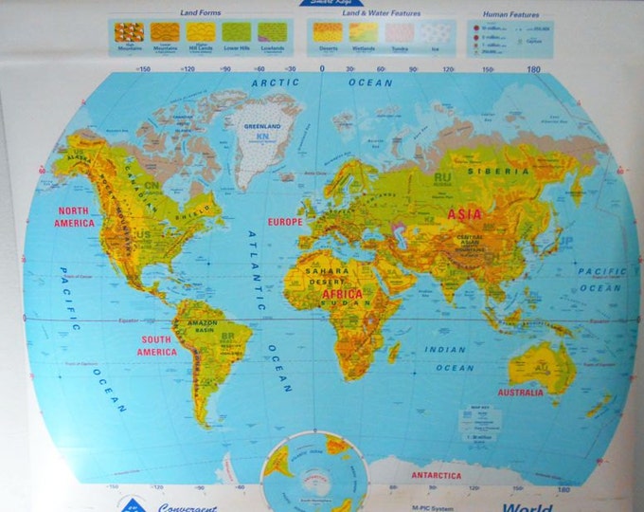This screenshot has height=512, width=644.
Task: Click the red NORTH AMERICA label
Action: click(76, 217)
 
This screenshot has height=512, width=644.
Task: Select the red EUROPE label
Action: click(285, 222)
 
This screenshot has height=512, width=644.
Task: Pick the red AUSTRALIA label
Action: click(520, 392)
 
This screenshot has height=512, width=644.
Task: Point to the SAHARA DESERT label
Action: click(328, 275)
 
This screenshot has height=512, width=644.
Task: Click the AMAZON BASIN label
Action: click(204, 328)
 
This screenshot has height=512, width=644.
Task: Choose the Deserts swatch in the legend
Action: click(327, 32)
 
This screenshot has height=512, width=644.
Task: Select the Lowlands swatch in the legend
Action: click(270, 33)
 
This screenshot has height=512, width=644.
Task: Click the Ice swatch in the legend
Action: click(436, 33)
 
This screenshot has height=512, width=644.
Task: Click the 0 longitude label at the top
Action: click(321, 68)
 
